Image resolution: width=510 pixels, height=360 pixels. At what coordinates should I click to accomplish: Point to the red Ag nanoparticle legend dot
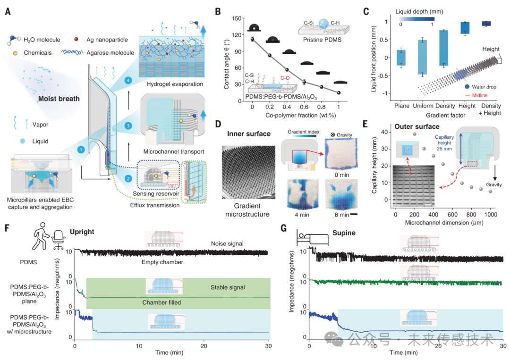(76, 42)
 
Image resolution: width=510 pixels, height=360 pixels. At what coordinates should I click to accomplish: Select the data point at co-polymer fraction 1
(339, 93)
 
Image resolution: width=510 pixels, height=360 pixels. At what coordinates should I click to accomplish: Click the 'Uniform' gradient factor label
(422, 106)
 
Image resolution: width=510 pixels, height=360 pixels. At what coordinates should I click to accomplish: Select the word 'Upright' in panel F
(82, 232)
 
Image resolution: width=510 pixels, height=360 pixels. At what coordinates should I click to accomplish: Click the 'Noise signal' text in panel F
(227, 243)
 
